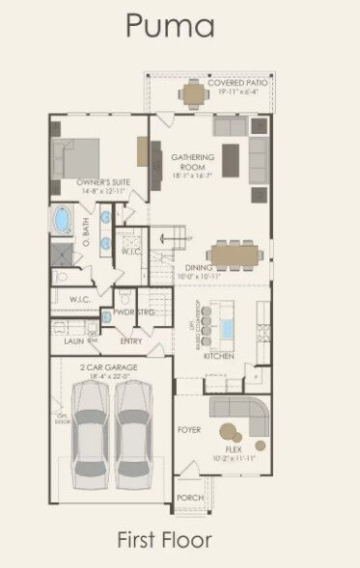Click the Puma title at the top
pos(171,25)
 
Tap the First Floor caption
pos(164,539)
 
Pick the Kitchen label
pos(219,356)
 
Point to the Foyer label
pos(189,429)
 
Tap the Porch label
pos(190,498)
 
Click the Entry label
pos(130,340)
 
